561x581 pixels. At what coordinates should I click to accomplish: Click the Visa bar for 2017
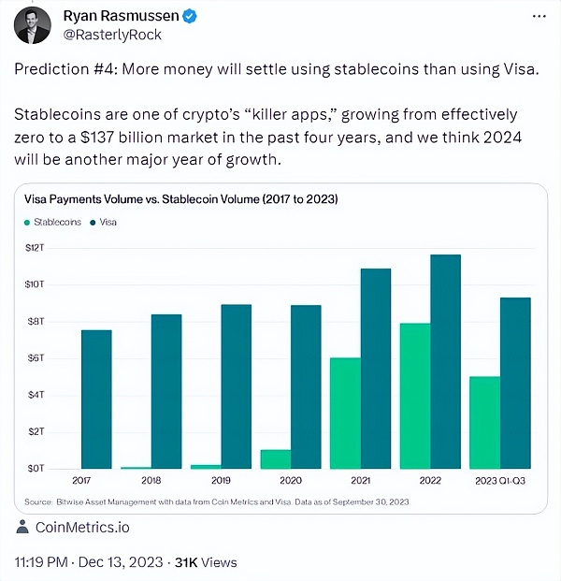point(96,399)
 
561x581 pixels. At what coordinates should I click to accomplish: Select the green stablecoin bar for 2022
point(415,396)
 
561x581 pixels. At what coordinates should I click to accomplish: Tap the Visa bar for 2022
point(445,361)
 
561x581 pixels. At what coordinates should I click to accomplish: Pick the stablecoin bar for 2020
point(276,459)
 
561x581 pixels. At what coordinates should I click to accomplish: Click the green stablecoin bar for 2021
point(346,414)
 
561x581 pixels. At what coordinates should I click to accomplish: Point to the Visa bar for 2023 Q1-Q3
point(515,383)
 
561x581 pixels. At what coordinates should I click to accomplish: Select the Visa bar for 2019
point(237,386)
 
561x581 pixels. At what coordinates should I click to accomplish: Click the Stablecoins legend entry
point(52,222)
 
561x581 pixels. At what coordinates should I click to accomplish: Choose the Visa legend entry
point(104,222)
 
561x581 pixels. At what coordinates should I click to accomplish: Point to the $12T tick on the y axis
point(35,248)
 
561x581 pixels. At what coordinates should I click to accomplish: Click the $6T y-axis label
point(36,358)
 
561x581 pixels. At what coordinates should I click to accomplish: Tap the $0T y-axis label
point(36,469)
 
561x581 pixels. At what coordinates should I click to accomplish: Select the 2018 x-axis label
point(151,481)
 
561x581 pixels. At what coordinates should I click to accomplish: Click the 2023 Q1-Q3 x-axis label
point(500,481)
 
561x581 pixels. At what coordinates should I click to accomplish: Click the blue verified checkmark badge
point(190,16)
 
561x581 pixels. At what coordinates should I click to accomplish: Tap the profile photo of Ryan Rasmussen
point(32,25)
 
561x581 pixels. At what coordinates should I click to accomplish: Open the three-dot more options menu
point(539,16)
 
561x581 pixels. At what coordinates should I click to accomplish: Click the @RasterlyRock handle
point(112,35)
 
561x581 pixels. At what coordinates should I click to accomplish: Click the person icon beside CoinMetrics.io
point(22,527)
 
